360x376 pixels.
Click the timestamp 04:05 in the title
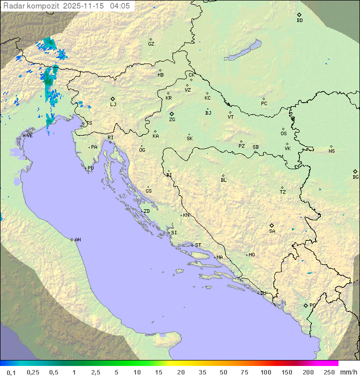120,6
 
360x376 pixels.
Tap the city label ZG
172,120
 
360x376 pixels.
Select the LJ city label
113,105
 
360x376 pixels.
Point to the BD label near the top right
299,21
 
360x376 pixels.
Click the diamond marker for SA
272,225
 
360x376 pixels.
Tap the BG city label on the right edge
355,177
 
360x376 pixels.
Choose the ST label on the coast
198,245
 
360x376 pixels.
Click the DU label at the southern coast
262,293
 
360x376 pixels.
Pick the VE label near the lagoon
29,136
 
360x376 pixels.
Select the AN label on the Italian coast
77,240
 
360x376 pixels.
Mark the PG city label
312,305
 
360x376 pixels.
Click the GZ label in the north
151,44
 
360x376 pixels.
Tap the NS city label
331,151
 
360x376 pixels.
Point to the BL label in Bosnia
223,180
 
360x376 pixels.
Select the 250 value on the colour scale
329,372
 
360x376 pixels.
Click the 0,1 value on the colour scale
11,372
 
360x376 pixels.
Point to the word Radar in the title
13,6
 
